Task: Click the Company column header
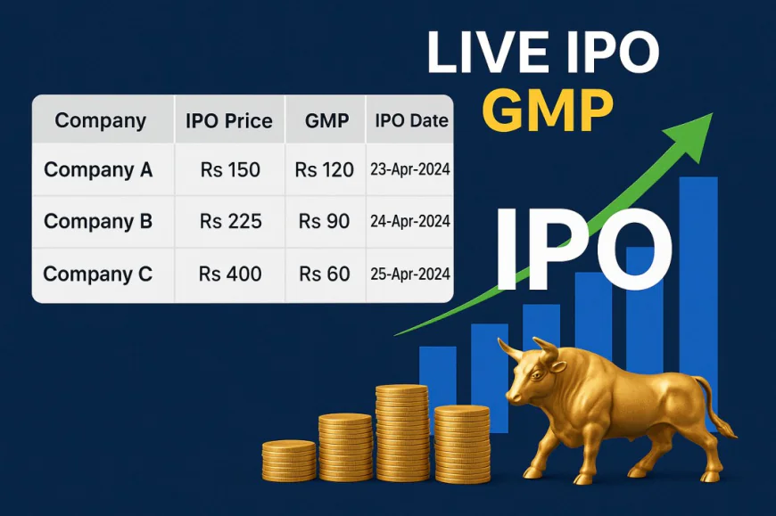point(100,120)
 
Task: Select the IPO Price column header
point(228,121)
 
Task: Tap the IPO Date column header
point(411,121)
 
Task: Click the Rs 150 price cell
point(230,169)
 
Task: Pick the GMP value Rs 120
point(325,169)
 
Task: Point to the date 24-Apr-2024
point(409,221)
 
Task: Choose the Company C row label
point(98,274)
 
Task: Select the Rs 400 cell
point(230,274)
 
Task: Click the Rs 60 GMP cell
point(325,274)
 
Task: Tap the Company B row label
point(98,221)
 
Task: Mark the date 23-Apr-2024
point(409,169)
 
